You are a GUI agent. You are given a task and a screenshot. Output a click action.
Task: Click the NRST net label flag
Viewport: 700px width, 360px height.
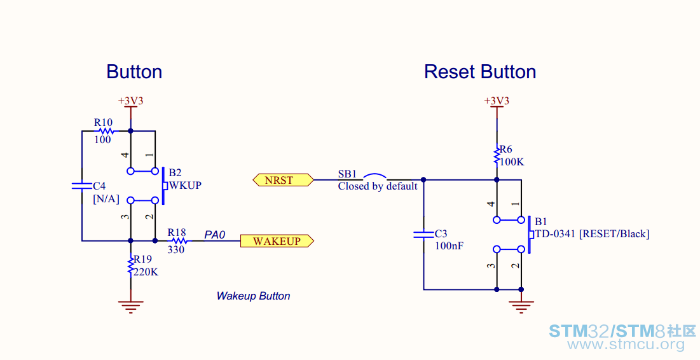[x=283, y=180]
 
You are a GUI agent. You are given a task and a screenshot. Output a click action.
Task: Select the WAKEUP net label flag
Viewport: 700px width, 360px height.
[x=277, y=241]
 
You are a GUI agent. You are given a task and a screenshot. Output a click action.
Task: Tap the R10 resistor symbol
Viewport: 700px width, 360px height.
[x=106, y=131]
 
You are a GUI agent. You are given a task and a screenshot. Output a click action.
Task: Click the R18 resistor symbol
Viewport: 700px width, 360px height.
[x=179, y=241]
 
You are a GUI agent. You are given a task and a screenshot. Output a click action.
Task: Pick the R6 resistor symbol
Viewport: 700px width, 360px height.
[x=497, y=156]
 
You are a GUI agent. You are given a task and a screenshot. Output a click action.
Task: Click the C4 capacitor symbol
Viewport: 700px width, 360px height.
[x=81, y=185]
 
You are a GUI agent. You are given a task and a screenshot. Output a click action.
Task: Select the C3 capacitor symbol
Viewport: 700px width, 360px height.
[x=423, y=234]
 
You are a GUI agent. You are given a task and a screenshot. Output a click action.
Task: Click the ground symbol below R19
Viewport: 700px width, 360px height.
[x=131, y=307]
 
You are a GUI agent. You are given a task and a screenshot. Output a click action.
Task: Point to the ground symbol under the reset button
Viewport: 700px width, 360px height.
[x=521, y=307]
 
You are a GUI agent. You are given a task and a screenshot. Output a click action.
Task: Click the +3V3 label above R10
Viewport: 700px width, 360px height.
[x=130, y=101]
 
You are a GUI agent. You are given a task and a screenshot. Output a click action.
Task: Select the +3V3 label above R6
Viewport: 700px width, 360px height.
[x=497, y=101]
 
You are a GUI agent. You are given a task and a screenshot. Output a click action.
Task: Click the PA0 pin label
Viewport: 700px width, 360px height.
[x=215, y=235]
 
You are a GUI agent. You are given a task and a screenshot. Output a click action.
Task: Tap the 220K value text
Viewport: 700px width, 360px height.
[x=146, y=272]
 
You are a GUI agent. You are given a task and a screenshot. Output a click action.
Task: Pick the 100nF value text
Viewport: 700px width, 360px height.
[x=449, y=246]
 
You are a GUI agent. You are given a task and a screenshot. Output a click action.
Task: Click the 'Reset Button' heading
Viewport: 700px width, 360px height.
[x=480, y=72]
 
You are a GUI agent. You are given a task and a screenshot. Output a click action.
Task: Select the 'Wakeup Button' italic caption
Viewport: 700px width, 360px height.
[x=253, y=296]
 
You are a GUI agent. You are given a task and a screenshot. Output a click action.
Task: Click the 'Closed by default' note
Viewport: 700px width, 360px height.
[x=378, y=186]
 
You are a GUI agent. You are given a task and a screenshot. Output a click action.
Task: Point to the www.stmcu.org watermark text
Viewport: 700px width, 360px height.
[x=626, y=344]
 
